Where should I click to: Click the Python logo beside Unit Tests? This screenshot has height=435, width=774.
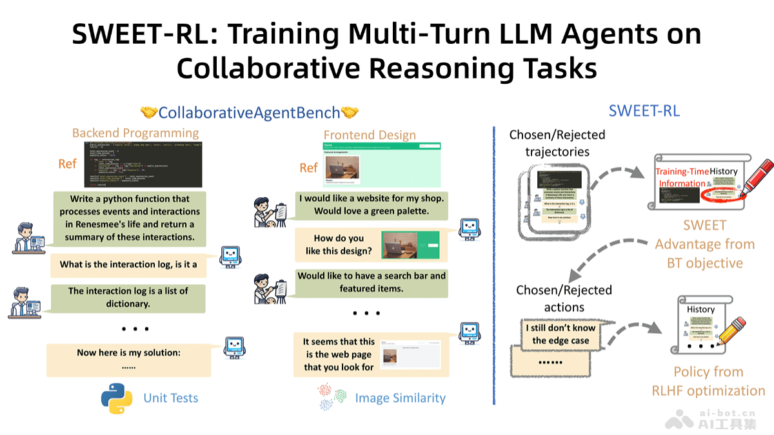(x=117, y=398)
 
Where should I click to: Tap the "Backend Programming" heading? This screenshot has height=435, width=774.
(x=135, y=133)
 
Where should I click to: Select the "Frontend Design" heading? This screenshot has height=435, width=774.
(x=370, y=135)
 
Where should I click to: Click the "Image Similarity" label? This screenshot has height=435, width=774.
(x=400, y=398)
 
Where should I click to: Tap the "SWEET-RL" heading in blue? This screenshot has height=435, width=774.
(x=644, y=111)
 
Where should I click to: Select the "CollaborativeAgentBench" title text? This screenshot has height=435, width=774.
(x=249, y=113)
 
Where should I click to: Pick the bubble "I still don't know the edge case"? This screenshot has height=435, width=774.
(x=560, y=334)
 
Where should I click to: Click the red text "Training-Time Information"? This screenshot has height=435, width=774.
(x=681, y=177)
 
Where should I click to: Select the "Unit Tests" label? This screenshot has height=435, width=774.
(x=171, y=398)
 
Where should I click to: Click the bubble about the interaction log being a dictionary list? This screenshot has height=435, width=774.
(x=128, y=297)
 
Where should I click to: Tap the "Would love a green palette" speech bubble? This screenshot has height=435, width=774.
(x=372, y=204)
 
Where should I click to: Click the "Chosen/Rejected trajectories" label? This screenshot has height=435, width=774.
(x=557, y=143)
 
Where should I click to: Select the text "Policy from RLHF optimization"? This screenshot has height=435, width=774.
(x=708, y=381)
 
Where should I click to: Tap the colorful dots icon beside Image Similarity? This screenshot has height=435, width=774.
(x=333, y=397)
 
